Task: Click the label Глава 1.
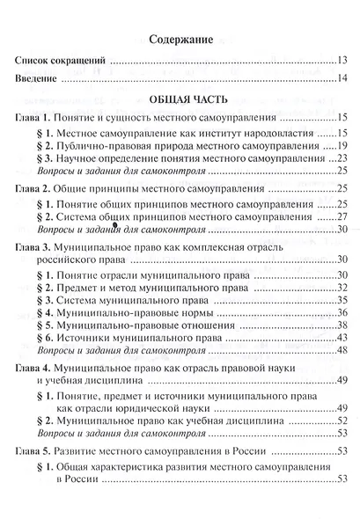(39, 117)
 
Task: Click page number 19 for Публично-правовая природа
(342, 144)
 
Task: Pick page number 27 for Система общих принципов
(342, 216)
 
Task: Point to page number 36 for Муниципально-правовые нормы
(342, 313)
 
